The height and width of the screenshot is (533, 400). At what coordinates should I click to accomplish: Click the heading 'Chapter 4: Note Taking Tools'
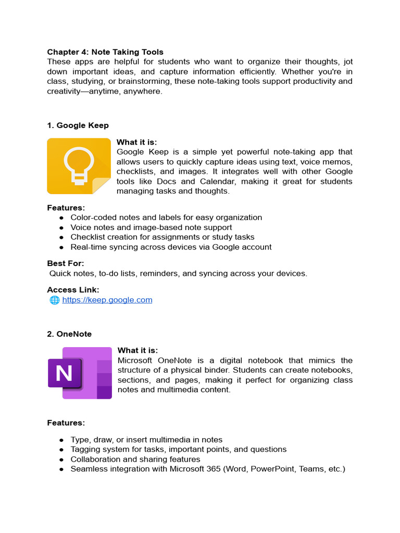point(105,52)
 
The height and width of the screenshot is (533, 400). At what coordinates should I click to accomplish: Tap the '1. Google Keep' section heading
point(78,125)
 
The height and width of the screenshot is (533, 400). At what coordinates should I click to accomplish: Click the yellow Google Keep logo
point(79,166)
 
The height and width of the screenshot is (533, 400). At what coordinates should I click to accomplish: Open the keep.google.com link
point(107,300)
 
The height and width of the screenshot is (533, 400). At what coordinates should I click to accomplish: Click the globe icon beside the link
point(54,300)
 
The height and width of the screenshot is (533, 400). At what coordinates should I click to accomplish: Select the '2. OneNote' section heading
point(69,334)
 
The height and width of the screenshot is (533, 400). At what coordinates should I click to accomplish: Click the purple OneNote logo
point(80,373)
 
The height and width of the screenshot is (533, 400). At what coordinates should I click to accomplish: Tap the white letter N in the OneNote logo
point(64,373)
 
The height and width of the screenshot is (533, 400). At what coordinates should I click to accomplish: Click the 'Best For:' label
point(66,263)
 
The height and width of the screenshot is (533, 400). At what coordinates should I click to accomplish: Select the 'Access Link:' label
point(73,290)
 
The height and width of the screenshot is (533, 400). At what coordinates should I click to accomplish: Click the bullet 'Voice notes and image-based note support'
point(151,227)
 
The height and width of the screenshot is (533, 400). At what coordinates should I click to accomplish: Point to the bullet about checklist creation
point(162,237)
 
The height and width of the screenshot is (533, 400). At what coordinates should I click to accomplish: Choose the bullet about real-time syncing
point(171,247)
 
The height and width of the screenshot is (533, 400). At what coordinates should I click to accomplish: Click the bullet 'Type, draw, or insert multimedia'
point(146,440)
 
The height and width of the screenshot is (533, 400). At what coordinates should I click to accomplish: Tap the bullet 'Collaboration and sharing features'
point(135,460)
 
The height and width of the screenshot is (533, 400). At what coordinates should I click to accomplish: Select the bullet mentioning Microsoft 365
point(207,469)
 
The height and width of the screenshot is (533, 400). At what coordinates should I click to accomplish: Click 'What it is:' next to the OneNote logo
point(138,350)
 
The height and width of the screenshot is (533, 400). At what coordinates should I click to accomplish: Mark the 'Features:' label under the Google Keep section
point(66,208)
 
